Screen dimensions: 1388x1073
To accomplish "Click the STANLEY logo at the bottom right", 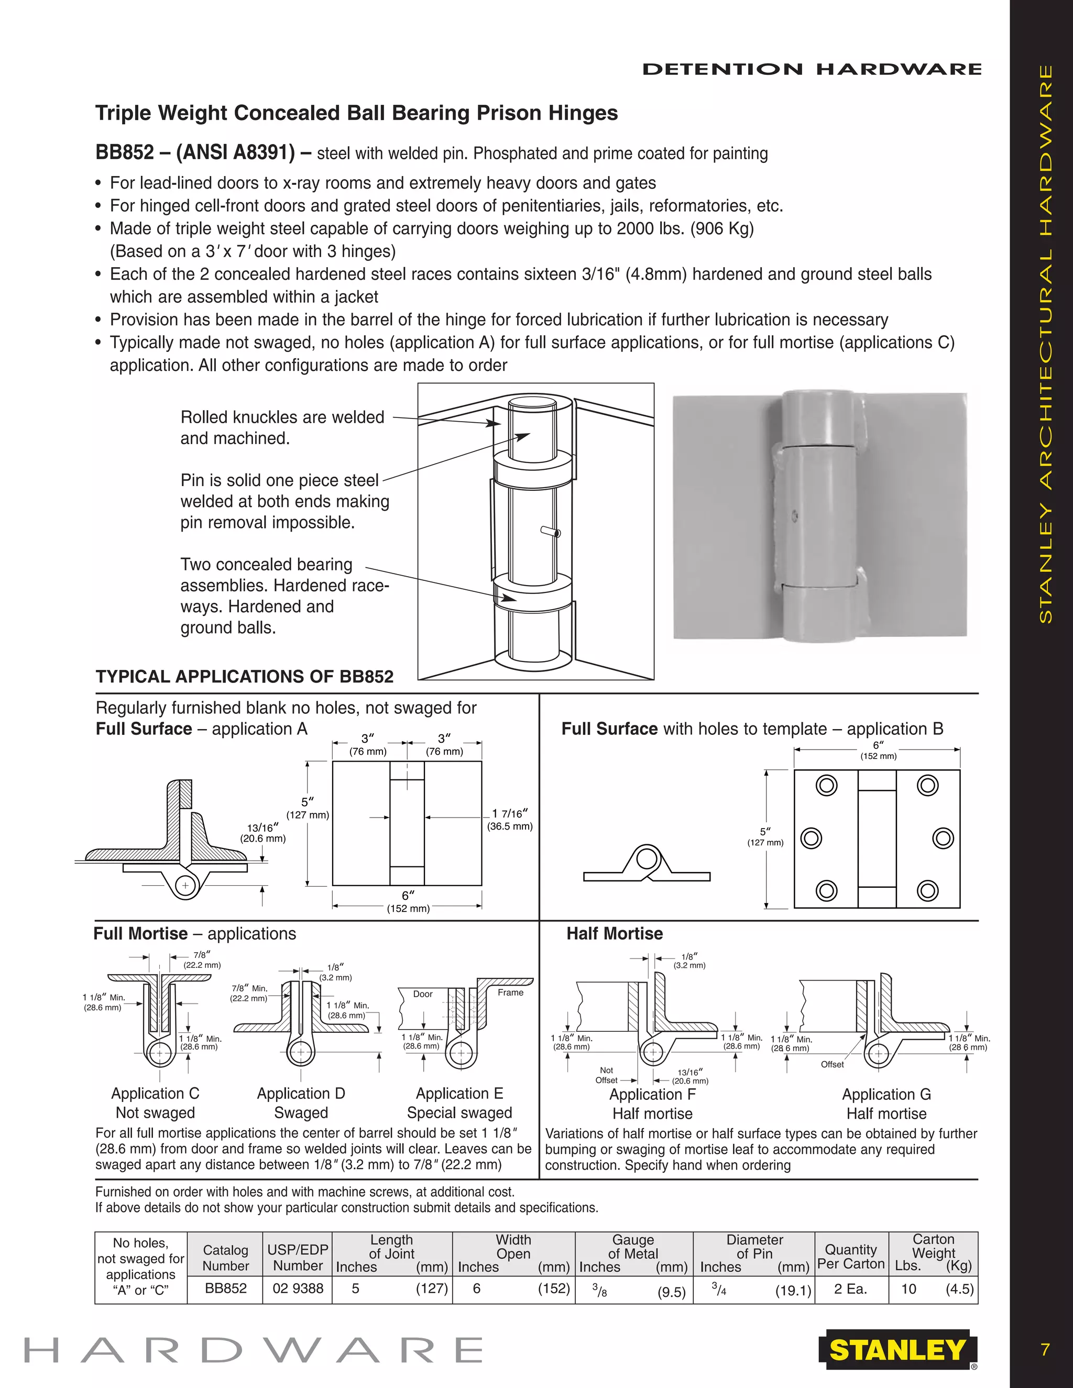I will pos(897,1350).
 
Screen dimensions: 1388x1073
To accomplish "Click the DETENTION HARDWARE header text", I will pos(812,69).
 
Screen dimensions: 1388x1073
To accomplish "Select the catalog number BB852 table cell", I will pos(226,1288).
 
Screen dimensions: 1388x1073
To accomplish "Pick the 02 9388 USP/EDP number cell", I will pos(298,1288).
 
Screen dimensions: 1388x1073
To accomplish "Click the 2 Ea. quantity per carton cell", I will pos(850,1288).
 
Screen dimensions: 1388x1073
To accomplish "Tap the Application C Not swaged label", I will pos(155,1103).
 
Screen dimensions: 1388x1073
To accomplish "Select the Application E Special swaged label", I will pos(459,1103).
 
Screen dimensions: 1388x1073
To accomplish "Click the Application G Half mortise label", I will pos(886,1104).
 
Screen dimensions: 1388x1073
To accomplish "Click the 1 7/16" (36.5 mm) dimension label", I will pos(510,820).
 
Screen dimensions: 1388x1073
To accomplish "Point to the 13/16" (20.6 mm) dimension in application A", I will pos(262,833).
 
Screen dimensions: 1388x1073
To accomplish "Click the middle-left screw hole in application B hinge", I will pos(811,838).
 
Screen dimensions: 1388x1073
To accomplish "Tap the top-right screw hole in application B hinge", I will pos(927,786).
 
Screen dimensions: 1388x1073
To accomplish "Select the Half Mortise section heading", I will pos(614,933).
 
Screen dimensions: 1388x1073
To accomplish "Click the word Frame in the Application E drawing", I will pos(510,992).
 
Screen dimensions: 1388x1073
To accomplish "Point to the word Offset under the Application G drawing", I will pos(832,1064).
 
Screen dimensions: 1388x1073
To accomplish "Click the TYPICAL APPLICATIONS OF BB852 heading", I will pos(245,676).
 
